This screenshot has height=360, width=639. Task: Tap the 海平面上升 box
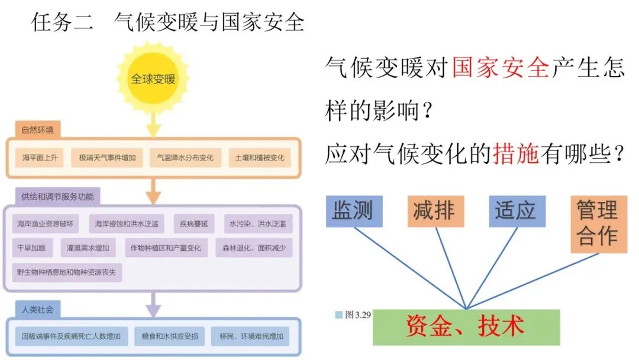click(40, 158)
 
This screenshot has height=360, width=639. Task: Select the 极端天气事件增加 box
click(107, 158)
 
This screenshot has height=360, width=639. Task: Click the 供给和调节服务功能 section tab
click(57, 196)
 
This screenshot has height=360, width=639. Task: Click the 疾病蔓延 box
click(193, 224)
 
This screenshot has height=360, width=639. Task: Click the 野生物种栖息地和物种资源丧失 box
click(67, 271)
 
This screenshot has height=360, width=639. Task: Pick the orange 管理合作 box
click(598, 224)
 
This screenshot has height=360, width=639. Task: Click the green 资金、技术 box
click(466, 327)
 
